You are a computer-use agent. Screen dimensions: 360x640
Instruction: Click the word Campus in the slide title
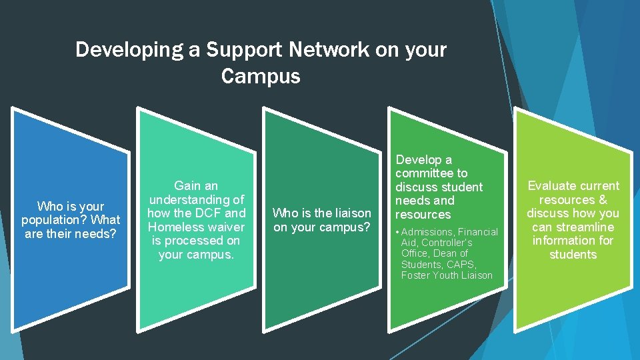click(x=261, y=77)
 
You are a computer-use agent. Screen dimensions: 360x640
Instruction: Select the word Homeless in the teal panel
click(x=175, y=227)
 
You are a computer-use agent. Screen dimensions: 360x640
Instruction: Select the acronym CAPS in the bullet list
click(x=463, y=265)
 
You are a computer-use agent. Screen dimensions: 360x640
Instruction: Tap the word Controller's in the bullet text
click(x=446, y=243)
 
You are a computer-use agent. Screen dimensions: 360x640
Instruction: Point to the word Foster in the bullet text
click(x=417, y=275)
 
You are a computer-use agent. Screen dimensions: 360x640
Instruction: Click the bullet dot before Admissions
click(x=398, y=232)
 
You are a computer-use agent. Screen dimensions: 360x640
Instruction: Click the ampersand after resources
click(x=603, y=200)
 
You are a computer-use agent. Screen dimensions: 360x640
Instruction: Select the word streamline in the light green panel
click(x=582, y=227)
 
